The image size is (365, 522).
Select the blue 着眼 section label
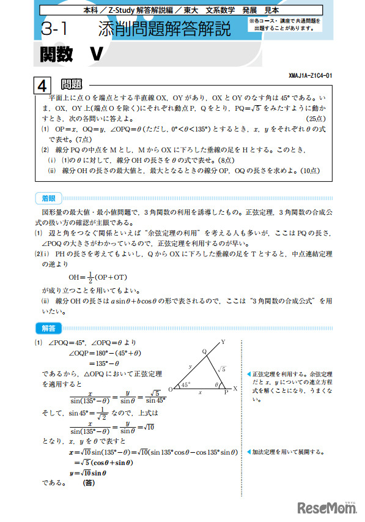click(x=48, y=198)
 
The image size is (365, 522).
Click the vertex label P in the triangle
click(x=224, y=393)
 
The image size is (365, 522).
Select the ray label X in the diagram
click(x=236, y=389)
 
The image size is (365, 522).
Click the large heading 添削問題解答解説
click(x=164, y=29)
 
